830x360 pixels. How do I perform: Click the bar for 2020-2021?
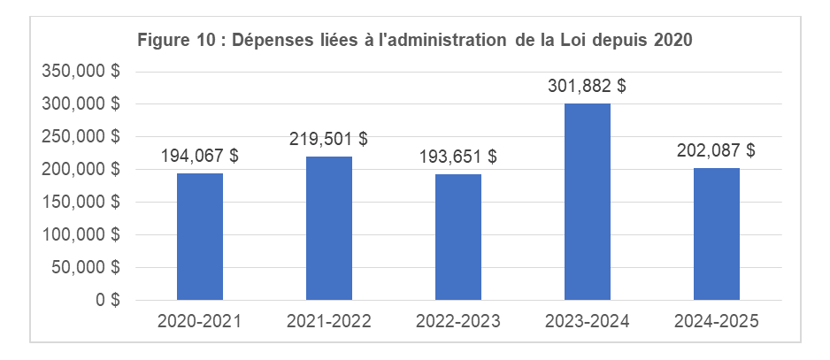[x=200, y=236]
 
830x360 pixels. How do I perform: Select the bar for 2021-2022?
[x=329, y=228]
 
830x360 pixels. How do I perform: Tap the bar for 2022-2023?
[x=458, y=237]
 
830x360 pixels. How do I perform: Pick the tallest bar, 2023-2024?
[x=588, y=202]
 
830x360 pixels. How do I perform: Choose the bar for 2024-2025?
[x=717, y=234]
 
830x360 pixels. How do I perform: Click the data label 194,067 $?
[x=200, y=156]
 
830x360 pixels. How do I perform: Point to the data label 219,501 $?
[x=329, y=139]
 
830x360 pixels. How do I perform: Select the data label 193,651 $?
[x=458, y=157]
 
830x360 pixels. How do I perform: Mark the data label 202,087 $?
[x=717, y=150]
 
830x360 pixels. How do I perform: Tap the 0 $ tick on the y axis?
[x=109, y=300]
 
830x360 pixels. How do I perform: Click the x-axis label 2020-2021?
[x=200, y=321]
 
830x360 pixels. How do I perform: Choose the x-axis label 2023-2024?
[x=588, y=321]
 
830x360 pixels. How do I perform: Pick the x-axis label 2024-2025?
[x=717, y=321]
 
